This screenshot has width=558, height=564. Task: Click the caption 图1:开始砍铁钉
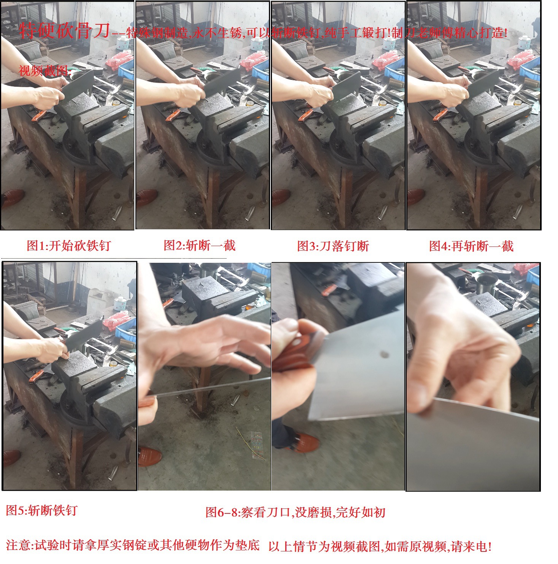(x=68, y=246)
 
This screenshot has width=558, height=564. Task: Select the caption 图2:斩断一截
(x=199, y=246)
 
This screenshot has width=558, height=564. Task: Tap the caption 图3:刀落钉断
(x=333, y=246)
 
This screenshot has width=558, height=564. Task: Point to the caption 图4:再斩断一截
(x=471, y=246)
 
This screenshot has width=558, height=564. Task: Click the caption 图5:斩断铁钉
(x=42, y=510)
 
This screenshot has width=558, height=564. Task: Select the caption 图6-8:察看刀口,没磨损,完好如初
(x=295, y=513)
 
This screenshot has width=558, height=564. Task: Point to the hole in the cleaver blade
(x=385, y=354)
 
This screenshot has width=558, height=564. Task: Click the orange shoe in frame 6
(x=150, y=456)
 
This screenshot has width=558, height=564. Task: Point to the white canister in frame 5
(x=120, y=304)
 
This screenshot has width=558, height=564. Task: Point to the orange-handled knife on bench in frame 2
(x=173, y=115)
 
